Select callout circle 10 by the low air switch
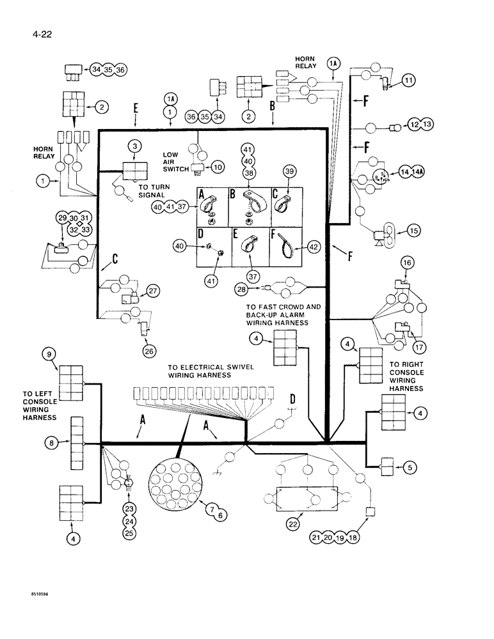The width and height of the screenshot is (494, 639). (x=218, y=167)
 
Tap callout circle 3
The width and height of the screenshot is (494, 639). (x=134, y=146)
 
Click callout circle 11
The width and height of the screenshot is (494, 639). (x=409, y=81)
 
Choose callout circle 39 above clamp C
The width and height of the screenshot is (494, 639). (x=289, y=173)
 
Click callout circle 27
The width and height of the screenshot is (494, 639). (x=152, y=291)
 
